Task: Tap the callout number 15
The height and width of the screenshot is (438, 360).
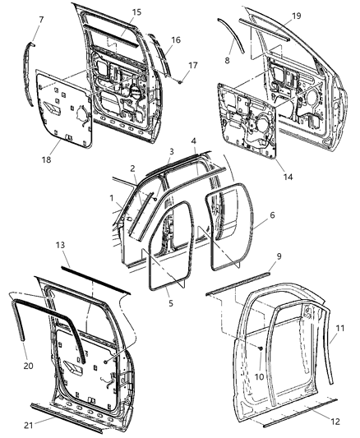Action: [x=136, y=12]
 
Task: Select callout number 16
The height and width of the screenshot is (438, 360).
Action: [x=175, y=39]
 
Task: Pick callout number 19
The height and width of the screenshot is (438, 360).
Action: [x=297, y=16]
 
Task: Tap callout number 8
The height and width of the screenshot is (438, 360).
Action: [x=228, y=60]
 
